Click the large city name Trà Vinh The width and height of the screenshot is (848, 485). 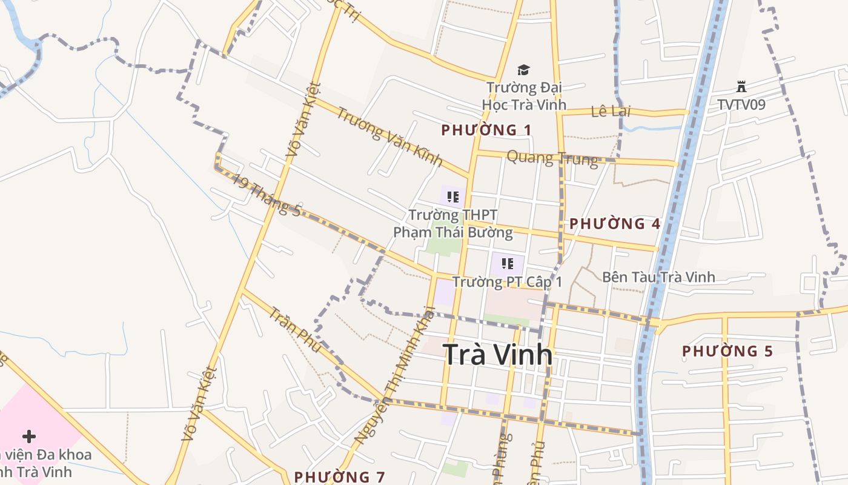[x=498, y=355]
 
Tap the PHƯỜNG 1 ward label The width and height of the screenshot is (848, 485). [x=486, y=130]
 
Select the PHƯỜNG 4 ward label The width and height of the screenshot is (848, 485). [x=615, y=224]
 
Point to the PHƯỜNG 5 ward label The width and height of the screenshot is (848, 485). [x=727, y=351]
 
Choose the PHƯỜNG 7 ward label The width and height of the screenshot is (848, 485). [x=339, y=477]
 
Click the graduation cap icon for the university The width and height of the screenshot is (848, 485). [x=523, y=71]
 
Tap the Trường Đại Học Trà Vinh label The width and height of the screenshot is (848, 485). [x=524, y=96]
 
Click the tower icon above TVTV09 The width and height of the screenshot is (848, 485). [x=741, y=87]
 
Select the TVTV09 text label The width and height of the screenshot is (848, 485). [x=741, y=104]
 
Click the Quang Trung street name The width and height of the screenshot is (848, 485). [x=552, y=159]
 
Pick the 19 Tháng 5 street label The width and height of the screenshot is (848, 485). [x=267, y=196]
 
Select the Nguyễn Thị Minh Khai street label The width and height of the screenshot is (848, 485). [x=395, y=376]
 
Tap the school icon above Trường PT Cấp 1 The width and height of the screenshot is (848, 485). [x=508, y=264]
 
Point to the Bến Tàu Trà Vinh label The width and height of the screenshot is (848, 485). [x=658, y=277]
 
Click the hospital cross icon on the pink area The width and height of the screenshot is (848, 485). [x=28, y=436]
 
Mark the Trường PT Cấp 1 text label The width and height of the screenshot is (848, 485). [x=508, y=282]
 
